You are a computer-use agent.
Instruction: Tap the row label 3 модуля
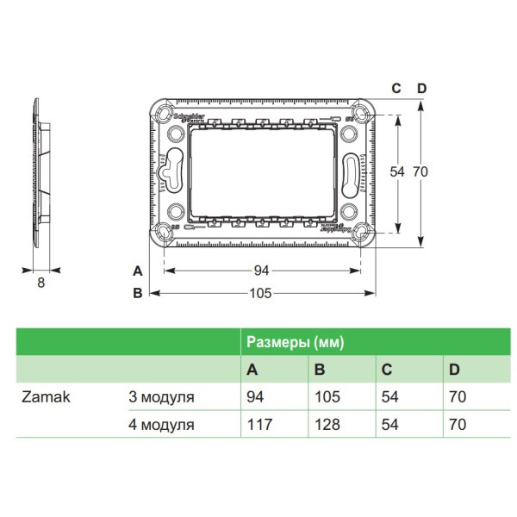(161, 398)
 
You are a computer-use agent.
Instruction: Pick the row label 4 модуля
(161, 424)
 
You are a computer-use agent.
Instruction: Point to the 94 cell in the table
(256, 398)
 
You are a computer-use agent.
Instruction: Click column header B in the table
(320, 370)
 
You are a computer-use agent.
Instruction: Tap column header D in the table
(454, 370)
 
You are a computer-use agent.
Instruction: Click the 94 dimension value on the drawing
(261, 271)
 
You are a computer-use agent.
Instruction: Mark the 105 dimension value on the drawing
(260, 294)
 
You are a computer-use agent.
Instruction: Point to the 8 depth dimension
(40, 281)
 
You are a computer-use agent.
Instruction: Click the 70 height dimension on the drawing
(420, 172)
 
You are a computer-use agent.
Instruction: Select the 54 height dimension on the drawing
(396, 172)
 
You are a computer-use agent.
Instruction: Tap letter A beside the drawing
(137, 271)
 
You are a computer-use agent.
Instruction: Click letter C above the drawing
(396, 89)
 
